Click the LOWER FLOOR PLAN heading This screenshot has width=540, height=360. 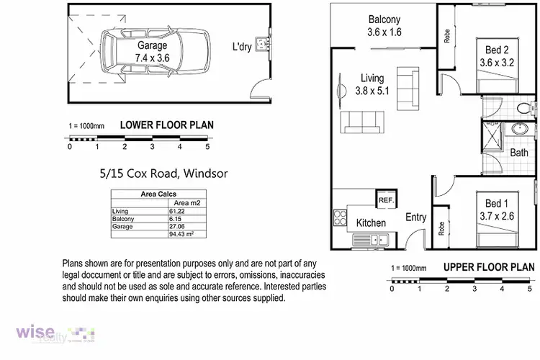coord(166,125)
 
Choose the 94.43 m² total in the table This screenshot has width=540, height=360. coord(180,234)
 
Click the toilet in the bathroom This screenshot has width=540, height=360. coord(525,109)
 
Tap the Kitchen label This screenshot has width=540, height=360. coord(372,223)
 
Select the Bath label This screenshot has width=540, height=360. coord(519,153)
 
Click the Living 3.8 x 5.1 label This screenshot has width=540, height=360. coord(371,84)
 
